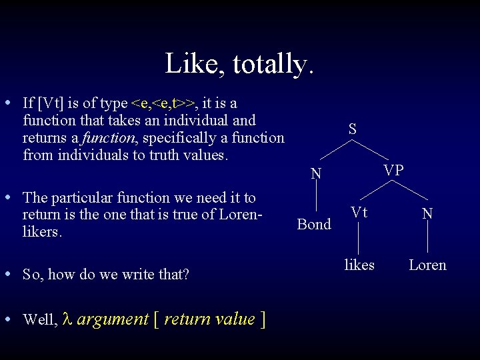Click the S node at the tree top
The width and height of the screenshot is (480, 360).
(x=352, y=129)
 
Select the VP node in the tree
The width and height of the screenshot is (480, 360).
(x=393, y=171)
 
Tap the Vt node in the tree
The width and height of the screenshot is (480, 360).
(x=359, y=213)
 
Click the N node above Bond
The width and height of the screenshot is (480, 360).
(x=317, y=175)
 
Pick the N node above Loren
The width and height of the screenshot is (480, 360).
(x=427, y=213)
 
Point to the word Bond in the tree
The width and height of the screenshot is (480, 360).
(x=314, y=224)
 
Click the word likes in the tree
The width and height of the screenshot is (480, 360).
(x=359, y=265)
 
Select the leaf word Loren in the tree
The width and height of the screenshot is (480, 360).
(x=427, y=265)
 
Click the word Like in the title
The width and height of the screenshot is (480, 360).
(x=189, y=64)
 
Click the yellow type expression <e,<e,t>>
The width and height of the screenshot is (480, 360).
(x=164, y=103)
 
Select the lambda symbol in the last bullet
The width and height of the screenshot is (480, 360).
(x=66, y=319)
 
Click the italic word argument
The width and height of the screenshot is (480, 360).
(x=113, y=319)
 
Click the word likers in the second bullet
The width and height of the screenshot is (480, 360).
(x=41, y=233)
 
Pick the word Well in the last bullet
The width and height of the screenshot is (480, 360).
(x=39, y=320)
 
